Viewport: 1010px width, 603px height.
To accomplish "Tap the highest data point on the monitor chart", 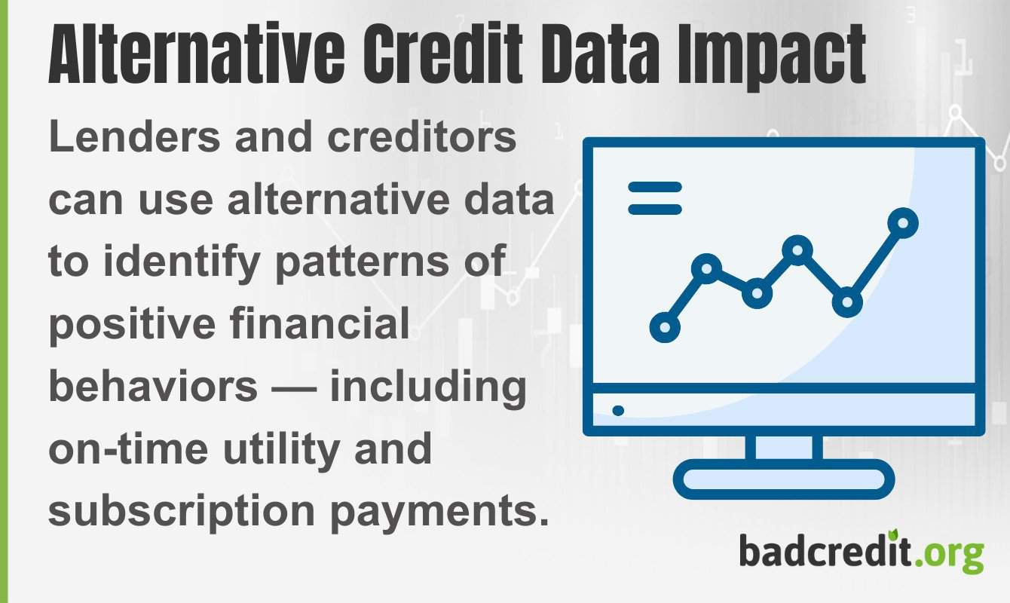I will coord(902,222).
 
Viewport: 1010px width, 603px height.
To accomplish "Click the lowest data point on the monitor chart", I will coord(664,327).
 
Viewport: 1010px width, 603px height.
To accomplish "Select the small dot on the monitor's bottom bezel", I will coord(618,411).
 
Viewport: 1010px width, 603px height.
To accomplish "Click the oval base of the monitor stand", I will coord(783,479).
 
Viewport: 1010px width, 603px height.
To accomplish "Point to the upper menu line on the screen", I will coord(655,187).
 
